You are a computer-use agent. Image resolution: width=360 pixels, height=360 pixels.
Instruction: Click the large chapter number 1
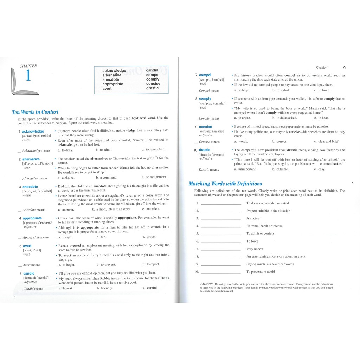pos(28,76)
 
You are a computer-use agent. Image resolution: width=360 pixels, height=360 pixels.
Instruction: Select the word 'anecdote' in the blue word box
pos(111,79)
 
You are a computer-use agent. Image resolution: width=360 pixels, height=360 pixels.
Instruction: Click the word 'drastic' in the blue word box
pos(153,88)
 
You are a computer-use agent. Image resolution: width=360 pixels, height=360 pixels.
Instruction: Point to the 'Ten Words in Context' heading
pos(35,112)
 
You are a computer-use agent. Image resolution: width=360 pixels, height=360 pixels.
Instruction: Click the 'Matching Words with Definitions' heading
pos(225,184)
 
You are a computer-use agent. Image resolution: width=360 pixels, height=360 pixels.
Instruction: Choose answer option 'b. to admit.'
pos(104,150)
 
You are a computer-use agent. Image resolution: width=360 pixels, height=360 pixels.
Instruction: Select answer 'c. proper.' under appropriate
pos(149,237)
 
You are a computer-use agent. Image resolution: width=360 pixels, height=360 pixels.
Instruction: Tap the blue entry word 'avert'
pos(27,246)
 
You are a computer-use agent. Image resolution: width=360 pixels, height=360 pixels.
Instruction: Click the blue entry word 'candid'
pos(29,273)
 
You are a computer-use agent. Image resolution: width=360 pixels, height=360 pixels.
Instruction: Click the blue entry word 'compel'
pos(205,75)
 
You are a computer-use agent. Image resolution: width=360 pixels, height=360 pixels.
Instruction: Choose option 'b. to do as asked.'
pos(284,118)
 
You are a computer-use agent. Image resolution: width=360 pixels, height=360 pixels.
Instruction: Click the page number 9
pos(344,67)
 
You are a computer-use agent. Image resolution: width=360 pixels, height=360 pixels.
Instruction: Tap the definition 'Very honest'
pos(255,249)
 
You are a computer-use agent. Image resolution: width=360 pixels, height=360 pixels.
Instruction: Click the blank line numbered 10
pos(220,272)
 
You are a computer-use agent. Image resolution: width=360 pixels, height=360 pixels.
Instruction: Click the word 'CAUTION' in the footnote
pos(207,284)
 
